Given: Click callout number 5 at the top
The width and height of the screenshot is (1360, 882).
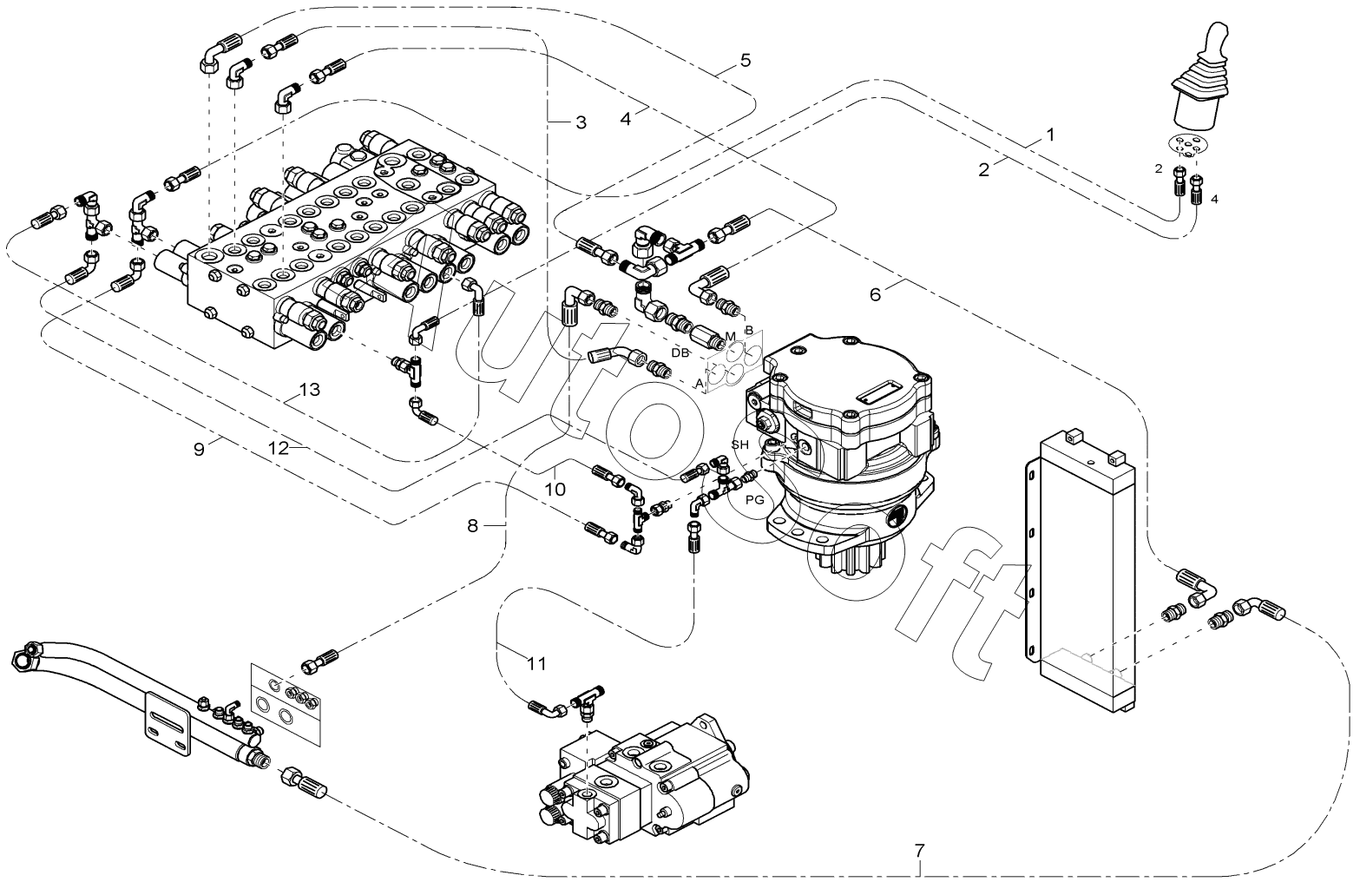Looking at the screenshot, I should [x=745, y=61].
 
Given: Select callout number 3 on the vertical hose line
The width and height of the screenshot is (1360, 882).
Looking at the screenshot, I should [x=581, y=123].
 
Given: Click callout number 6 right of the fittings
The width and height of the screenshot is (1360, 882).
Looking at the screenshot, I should [x=876, y=294].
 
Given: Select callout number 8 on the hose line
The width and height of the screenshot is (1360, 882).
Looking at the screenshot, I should [x=472, y=525].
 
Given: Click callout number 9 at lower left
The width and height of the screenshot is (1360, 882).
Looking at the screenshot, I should [x=199, y=450].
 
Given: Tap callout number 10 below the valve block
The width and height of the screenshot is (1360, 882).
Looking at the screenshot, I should [x=555, y=490].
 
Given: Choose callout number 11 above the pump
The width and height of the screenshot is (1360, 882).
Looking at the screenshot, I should [x=536, y=664].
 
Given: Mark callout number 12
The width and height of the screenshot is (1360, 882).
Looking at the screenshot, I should [x=278, y=450].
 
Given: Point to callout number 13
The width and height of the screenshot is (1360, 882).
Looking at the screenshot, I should [x=310, y=390].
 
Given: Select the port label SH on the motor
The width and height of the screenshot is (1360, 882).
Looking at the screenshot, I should [x=739, y=444].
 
